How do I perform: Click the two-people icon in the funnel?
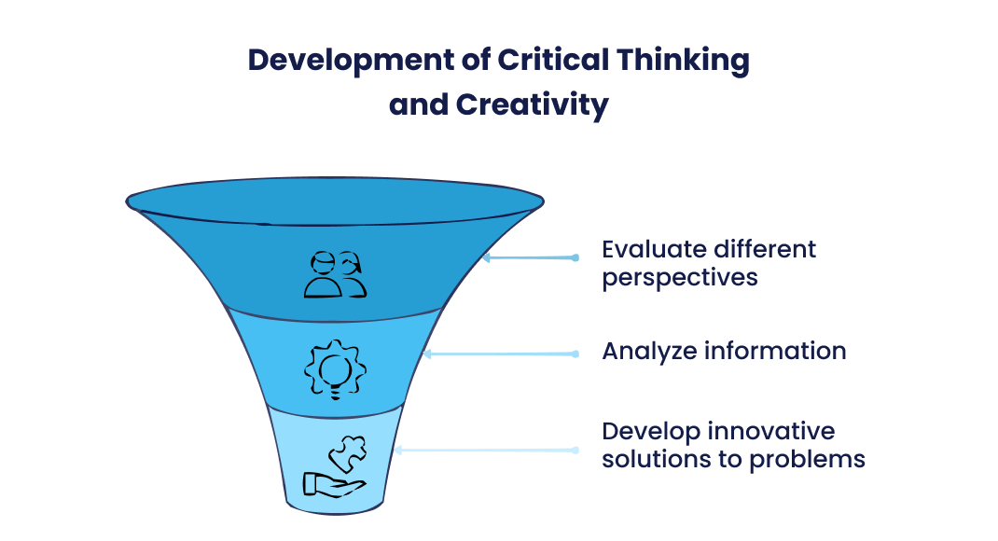[335, 274]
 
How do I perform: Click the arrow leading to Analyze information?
[500, 354]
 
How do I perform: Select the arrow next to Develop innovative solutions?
[485, 450]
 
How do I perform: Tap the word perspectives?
[679, 278]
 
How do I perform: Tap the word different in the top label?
[759, 250]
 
